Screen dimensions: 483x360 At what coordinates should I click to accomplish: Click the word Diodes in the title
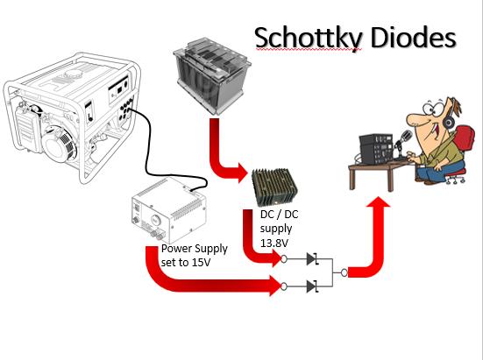tap(414, 37)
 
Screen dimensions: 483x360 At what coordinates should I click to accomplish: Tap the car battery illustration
tap(212, 75)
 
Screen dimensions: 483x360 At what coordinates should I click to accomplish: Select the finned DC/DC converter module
tap(274, 187)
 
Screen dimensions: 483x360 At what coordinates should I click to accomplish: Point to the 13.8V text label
tap(274, 243)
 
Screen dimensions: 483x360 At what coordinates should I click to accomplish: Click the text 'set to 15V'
tap(186, 263)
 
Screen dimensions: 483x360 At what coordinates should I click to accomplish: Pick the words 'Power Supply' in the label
tap(195, 249)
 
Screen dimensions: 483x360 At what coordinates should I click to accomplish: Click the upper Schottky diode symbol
tap(313, 259)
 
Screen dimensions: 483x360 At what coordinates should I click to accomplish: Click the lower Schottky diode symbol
tap(313, 286)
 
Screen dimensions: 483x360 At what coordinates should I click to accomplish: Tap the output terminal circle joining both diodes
tap(344, 272)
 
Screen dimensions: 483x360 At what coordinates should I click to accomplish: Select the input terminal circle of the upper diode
tap(284, 259)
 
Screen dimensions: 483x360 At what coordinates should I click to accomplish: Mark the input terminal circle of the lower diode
tap(284, 286)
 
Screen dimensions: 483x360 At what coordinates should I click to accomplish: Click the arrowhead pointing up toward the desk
tap(379, 202)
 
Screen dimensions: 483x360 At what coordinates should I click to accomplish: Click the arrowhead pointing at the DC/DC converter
tap(242, 172)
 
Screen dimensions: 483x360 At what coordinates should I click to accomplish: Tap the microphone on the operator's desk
tap(404, 139)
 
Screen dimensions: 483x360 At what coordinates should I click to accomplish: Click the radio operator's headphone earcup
tap(449, 123)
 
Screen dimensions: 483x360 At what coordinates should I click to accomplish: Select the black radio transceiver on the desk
tap(377, 149)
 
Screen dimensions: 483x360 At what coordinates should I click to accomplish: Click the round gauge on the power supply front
tap(155, 221)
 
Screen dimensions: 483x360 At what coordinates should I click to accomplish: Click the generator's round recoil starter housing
tap(59, 145)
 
